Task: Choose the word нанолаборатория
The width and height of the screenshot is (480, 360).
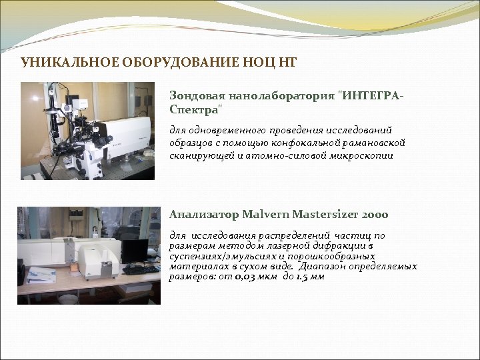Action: click(x=279, y=95)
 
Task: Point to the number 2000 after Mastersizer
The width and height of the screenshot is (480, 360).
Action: click(x=375, y=215)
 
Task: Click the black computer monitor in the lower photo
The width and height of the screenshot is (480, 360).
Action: click(x=135, y=251)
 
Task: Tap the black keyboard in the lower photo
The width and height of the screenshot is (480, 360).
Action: click(x=141, y=270)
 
